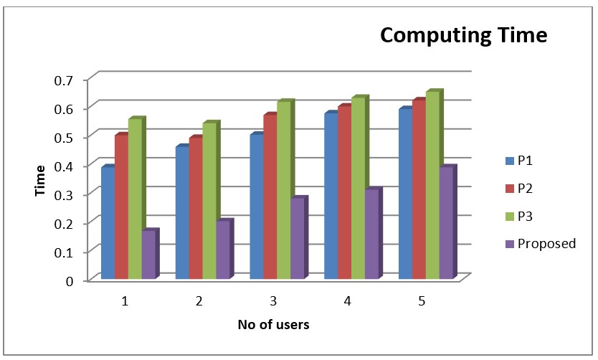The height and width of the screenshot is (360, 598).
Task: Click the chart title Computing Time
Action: tap(462, 34)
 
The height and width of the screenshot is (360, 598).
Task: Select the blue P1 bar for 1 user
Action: tap(108, 224)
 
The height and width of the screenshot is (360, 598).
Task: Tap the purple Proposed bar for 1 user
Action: tap(148, 255)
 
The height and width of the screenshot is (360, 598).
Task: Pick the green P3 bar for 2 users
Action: tap(209, 202)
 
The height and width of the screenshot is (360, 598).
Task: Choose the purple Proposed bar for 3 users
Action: tap(296, 239)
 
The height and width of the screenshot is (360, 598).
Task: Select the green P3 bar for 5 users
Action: tap(432, 186)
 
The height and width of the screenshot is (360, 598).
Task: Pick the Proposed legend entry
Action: tap(541, 244)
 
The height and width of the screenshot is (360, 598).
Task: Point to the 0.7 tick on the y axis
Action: tap(65, 79)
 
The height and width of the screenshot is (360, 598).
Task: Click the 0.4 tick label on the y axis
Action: tap(65, 166)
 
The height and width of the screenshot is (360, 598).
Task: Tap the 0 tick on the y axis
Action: tap(70, 280)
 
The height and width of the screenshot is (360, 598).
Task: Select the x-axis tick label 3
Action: tap(274, 300)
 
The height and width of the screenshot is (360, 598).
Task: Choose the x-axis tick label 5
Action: tap(422, 300)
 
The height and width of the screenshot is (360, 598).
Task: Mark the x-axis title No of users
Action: tap(274, 325)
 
